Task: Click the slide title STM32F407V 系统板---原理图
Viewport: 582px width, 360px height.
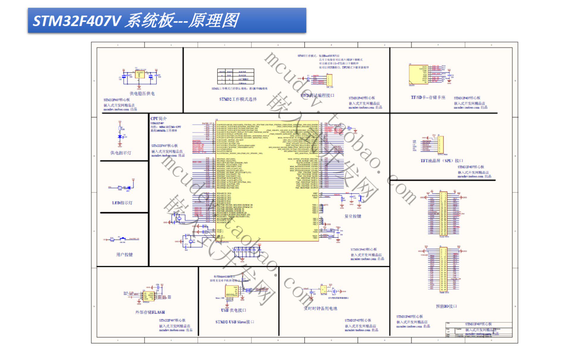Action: [x=136, y=21]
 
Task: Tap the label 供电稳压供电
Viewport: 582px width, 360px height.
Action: [x=142, y=93]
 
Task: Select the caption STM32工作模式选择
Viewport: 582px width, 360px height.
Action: [x=238, y=99]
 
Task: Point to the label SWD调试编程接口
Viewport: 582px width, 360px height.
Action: [x=317, y=95]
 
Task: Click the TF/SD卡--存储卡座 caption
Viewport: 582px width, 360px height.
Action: [x=428, y=97]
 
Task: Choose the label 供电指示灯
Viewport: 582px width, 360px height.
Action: [x=121, y=153]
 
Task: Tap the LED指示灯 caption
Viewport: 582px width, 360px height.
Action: [x=122, y=203]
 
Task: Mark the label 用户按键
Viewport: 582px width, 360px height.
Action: [x=124, y=254]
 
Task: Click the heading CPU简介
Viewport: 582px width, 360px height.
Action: [x=158, y=118]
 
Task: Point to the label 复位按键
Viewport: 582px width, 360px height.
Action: [x=353, y=216]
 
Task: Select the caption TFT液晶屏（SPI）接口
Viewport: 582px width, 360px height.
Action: [x=442, y=161]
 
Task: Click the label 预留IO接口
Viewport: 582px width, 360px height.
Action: [x=446, y=306]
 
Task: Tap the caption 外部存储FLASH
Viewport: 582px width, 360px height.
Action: [x=150, y=312]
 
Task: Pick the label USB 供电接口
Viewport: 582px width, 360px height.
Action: [x=234, y=310]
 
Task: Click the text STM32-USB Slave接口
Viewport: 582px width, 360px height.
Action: [x=235, y=322]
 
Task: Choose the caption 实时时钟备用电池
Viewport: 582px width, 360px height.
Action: [x=320, y=308]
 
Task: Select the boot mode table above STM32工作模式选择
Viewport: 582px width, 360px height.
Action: [x=236, y=76]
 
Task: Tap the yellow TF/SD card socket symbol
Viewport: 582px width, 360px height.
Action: [x=418, y=74]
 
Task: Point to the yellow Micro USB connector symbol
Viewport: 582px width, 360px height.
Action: [x=231, y=291]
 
